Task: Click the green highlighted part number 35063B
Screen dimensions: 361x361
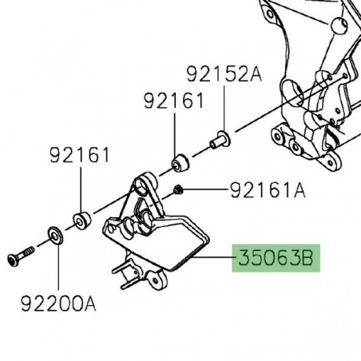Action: click(276, 259)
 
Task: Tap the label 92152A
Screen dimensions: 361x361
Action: click(224, 75)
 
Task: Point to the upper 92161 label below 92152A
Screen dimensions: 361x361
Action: click(174, 101)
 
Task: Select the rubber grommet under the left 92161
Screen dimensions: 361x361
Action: click(80, 219)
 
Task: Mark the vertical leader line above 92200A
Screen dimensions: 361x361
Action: click(58, 268)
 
